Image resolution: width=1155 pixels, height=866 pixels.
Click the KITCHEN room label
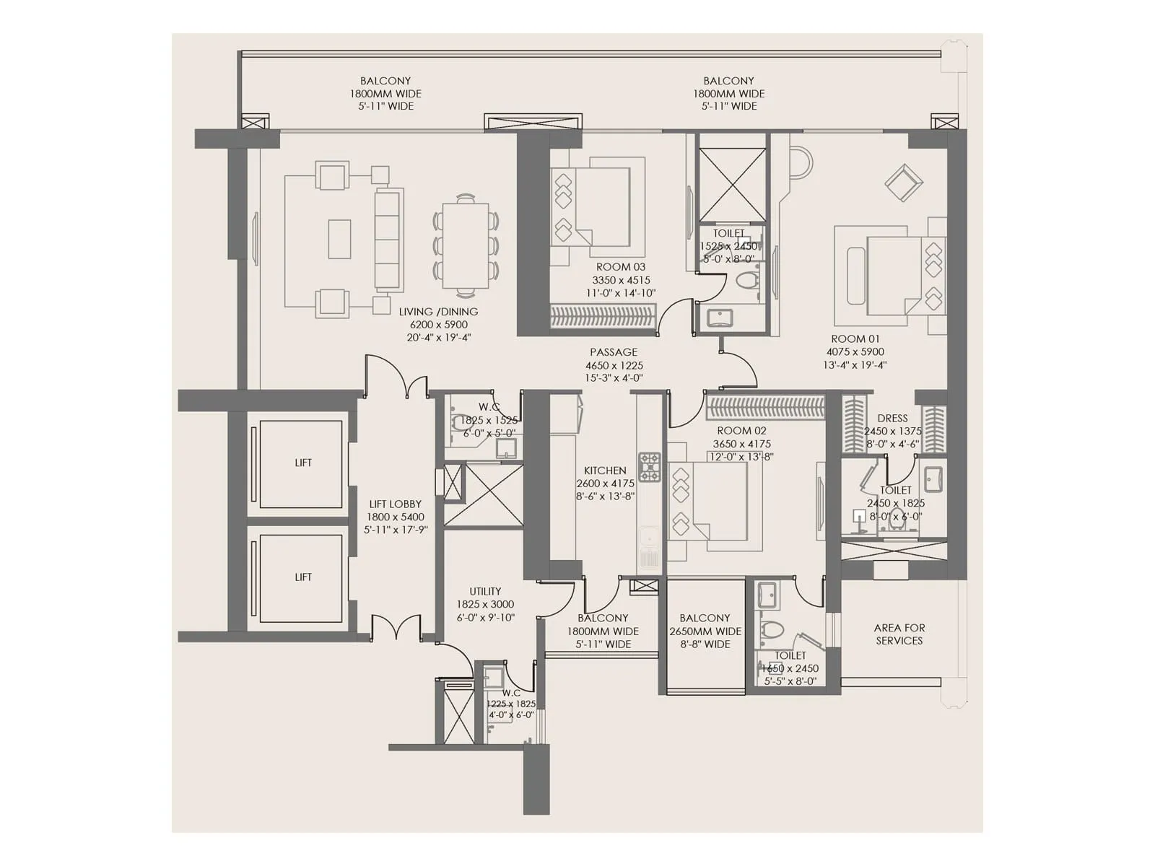point(605,471)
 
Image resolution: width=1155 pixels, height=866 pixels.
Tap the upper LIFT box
point(301,463)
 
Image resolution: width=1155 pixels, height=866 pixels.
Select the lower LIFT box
point(301,577)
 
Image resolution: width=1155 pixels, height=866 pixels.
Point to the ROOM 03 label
point(620,267)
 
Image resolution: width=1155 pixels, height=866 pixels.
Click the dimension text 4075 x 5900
point(855,352)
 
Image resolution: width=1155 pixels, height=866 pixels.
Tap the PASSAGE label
point(614,352)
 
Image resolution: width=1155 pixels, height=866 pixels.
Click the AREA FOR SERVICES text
point(899,634)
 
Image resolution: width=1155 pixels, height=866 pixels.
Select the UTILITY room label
point(485,592)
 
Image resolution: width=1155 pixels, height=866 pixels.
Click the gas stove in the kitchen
point(649,467)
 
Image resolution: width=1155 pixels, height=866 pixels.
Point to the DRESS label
point(892,419)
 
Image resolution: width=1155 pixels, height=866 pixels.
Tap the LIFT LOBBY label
point(395,504)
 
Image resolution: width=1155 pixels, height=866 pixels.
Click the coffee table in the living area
point(339,239)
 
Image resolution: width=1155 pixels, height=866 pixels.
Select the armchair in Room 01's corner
point(903,183)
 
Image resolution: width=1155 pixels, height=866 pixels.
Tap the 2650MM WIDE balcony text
point(705,631)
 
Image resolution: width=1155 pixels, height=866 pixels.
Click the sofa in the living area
point(388,239)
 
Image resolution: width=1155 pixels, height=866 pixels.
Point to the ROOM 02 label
point(741,431)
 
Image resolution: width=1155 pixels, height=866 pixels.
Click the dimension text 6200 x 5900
point(438,325)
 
